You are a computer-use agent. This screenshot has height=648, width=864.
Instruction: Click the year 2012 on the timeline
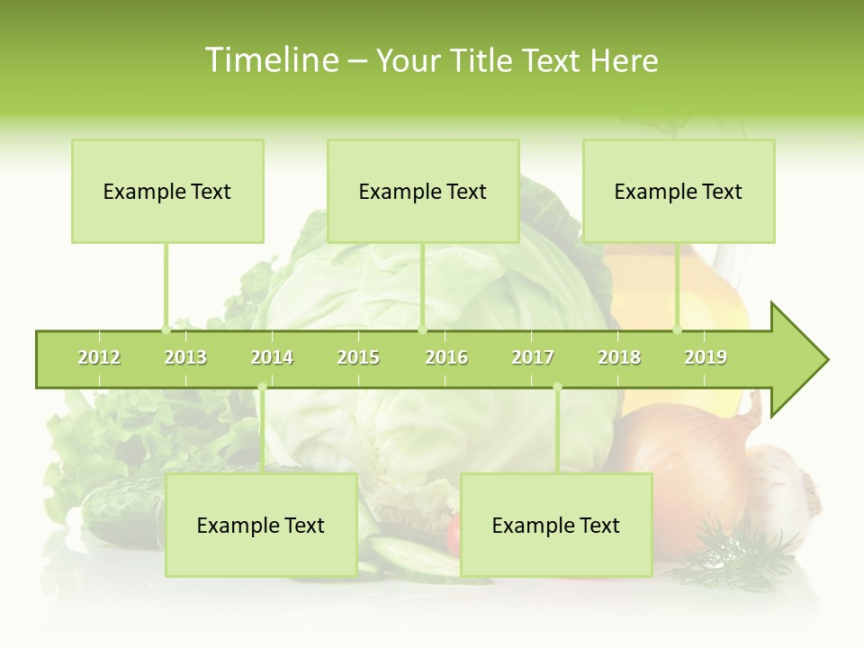tap(99, 357)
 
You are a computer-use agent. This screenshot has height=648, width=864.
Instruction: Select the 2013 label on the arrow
tap(185, 357)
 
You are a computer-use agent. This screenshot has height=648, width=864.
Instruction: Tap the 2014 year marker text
tap(272, 357)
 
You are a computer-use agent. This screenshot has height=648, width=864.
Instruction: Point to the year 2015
tap(358, 357)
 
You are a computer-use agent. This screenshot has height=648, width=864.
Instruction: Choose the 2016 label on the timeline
tap(446, 357)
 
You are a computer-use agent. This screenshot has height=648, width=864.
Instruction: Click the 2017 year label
tap(533, 357)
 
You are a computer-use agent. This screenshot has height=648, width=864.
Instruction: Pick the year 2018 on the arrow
tap(619, 357)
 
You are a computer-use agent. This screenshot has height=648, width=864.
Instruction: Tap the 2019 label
tap(706, 357)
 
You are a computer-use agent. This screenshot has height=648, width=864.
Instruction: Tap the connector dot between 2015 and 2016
tap(422, 329)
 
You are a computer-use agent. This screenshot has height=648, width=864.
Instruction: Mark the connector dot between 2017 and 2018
tap(557, 387)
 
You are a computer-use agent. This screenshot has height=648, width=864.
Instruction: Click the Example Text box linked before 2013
tap(167, 191)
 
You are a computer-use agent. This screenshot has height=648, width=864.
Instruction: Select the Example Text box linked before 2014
tap(261, 525)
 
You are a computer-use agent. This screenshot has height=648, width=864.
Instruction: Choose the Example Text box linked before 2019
tap(679, 191)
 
